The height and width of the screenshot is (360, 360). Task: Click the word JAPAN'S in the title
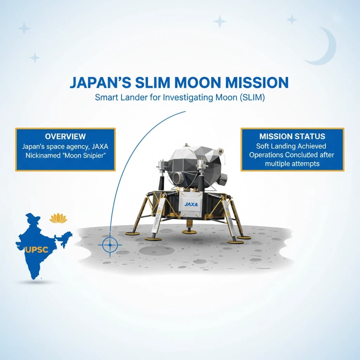click(x=98, y=82)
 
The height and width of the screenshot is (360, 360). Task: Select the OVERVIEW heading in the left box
click(x=65, y=136)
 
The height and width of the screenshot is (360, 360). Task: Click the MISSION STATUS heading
click(x=292, y=136)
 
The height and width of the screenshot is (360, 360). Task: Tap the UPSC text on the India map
click(x=37, y=250)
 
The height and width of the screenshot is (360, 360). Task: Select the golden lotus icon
click(x=58, y=218)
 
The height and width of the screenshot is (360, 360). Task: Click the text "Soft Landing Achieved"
click(x=291, y=146)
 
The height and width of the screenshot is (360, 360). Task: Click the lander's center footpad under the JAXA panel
click(x=189, y=231)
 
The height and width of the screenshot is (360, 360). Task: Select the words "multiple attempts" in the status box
click(x=292, y=164)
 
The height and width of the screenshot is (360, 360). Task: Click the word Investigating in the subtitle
click(x=188, y=98)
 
